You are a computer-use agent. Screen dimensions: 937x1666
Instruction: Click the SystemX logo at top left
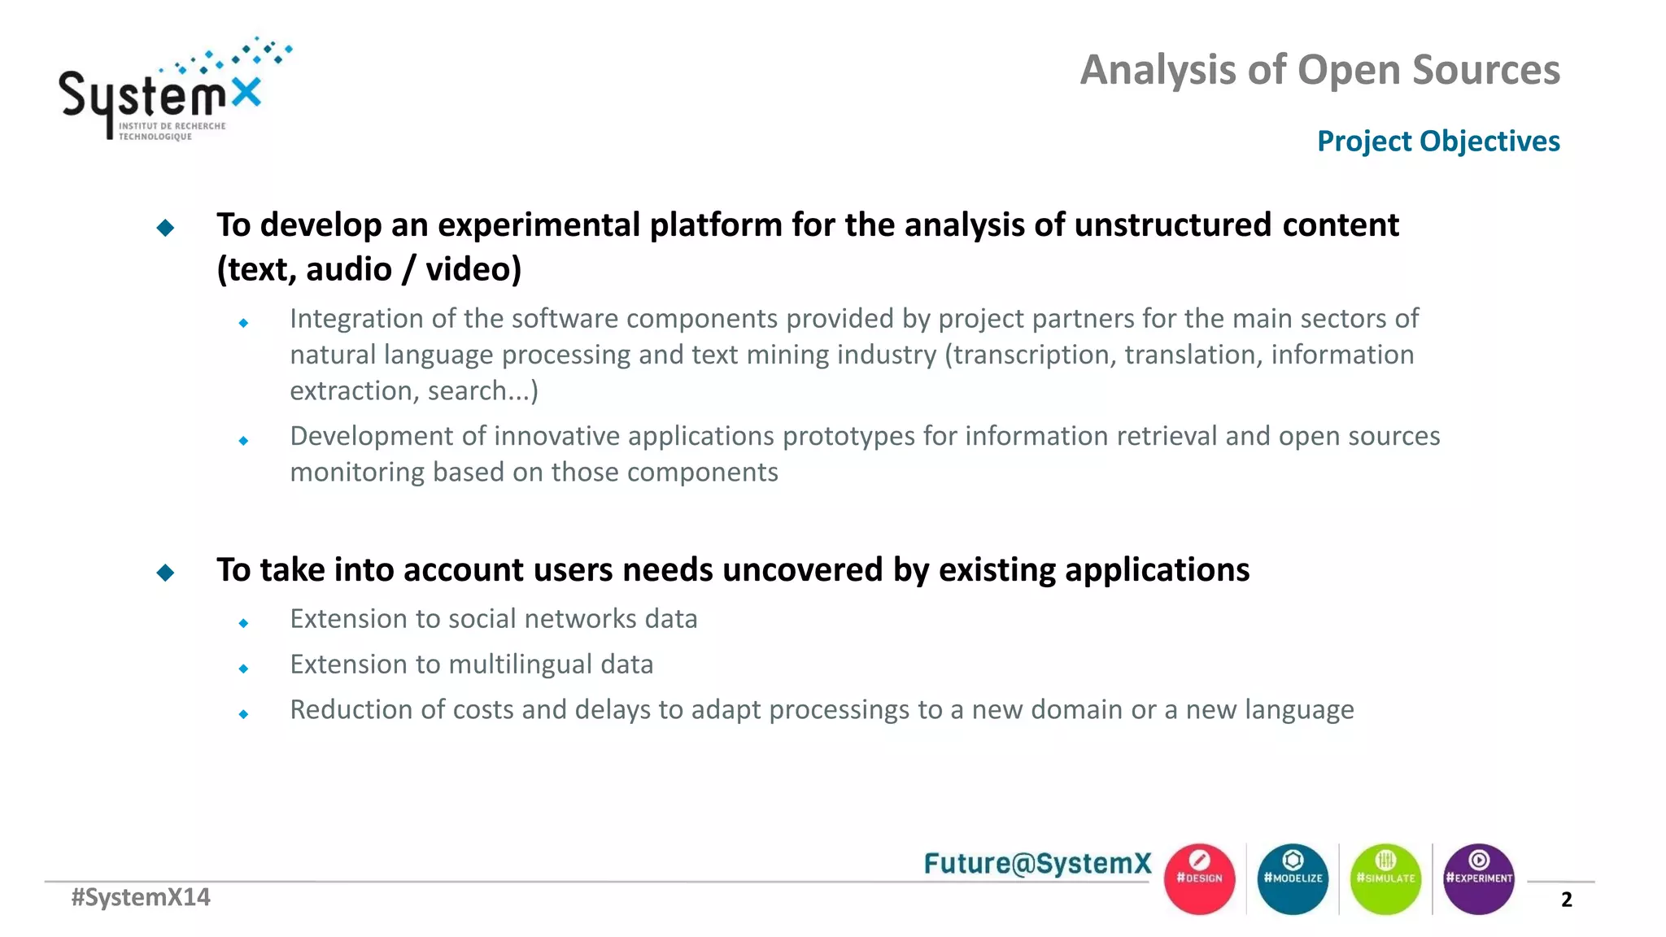click(163, 94)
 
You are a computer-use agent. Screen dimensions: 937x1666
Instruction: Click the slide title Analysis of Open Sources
click(1319, 70)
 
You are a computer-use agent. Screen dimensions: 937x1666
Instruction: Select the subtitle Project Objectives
click(1437, 142)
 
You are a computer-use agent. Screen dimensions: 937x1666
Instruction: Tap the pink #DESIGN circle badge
click(1199, 878)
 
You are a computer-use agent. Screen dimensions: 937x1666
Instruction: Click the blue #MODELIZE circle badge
click(1293, 878)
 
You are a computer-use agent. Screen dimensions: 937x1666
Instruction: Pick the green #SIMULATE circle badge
click(1385, 878)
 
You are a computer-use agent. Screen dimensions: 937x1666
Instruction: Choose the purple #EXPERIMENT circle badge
click(1478, 878)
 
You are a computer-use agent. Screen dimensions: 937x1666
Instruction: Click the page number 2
click(1566, 900)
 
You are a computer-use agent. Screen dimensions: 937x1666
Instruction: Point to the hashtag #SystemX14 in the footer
click(141, 897)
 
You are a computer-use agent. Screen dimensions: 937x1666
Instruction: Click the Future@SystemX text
click(1037, 863)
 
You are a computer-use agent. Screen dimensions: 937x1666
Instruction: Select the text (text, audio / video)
click(369, 269)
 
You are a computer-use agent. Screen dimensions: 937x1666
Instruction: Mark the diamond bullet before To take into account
click(165, 573)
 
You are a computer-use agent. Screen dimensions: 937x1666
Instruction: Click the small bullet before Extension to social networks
click(243, 623)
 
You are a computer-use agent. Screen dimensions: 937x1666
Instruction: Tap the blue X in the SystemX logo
click(246, 93)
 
